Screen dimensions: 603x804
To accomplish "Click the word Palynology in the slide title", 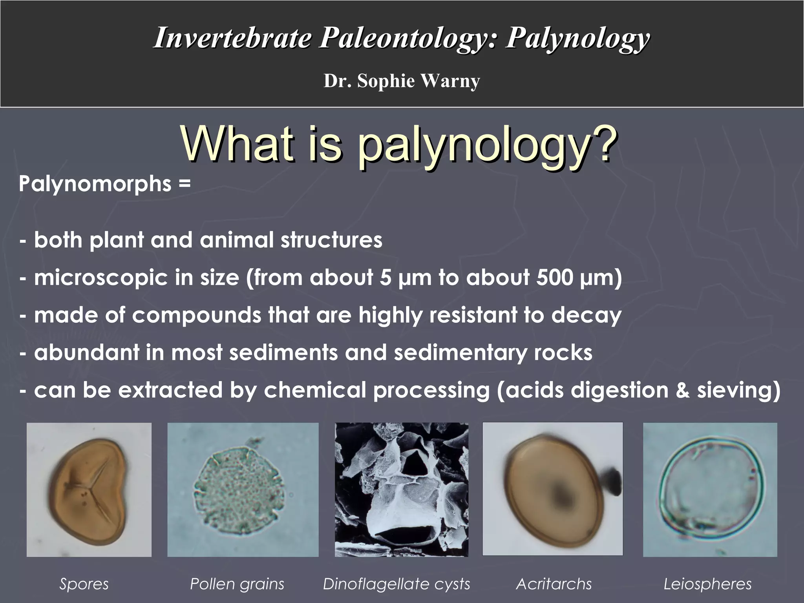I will pos(577,38).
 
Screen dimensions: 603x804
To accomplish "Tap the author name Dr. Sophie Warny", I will pos(402,81).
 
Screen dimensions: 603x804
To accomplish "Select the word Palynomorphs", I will pos(95,184).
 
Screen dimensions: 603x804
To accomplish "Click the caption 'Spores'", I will pos(84,584).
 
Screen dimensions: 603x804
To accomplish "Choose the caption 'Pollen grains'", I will pos(237,584).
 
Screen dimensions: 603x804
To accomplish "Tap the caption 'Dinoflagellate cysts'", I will pos(397,584).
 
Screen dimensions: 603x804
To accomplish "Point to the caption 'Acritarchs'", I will pos(554,584).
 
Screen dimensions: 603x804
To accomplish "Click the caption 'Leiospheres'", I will pos(707,584).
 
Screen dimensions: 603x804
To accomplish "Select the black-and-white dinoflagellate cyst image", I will pos(401,490).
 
